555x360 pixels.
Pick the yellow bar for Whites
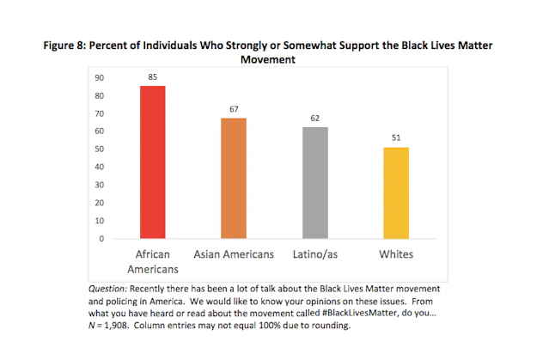(396, 192)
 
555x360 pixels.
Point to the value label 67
(233, 109)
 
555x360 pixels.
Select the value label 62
(314, 118)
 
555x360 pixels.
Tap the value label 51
(396, 137)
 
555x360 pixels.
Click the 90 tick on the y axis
(101, 77)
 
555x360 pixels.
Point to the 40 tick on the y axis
(101, 167)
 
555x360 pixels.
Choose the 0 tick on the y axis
(103, 238)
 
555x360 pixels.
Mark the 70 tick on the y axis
(101, 113)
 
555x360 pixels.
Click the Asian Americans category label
(233, 255)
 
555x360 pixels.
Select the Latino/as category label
(314, 255)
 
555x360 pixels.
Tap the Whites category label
(396, 255)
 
